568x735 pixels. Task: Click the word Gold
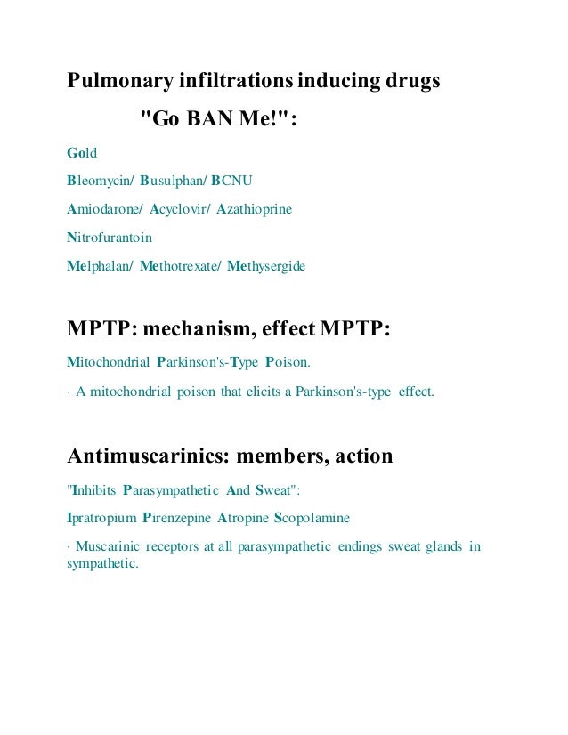(82, 154)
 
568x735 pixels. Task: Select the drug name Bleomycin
(99, 182)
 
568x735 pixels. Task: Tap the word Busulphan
(172, 182)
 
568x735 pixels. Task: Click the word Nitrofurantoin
(110, 238)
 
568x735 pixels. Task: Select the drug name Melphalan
(99, 266)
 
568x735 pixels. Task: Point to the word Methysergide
(266, 266)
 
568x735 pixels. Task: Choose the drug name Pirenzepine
(180, 518)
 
